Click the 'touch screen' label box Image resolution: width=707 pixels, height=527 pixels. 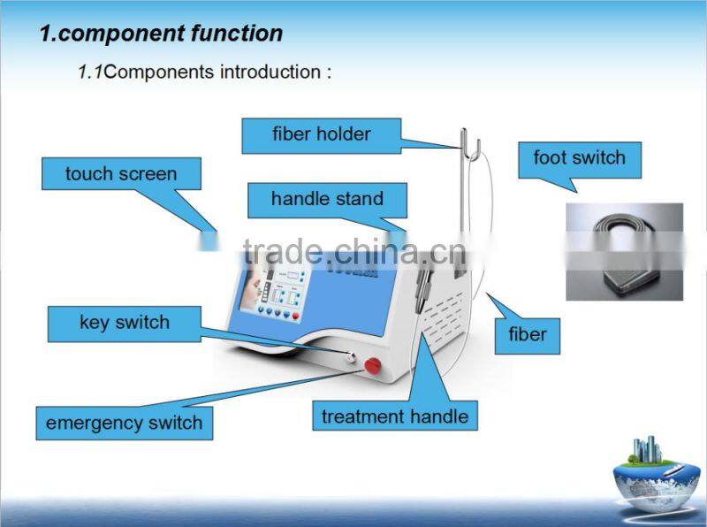[120, 174]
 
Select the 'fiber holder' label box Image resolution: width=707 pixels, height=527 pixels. [322, 135]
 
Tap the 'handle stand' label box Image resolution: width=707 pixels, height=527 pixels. [327, 199]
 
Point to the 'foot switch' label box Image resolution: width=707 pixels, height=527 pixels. [579, 158]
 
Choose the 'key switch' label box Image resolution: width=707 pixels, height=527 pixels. [124, 323]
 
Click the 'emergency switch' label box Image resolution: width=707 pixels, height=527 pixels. [124, 423]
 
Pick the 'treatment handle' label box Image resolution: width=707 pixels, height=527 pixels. [394, 416]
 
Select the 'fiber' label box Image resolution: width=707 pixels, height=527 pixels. [527, 334]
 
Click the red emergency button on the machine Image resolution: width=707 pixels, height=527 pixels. [373, 364]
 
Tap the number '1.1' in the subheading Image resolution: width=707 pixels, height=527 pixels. [89, 72]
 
